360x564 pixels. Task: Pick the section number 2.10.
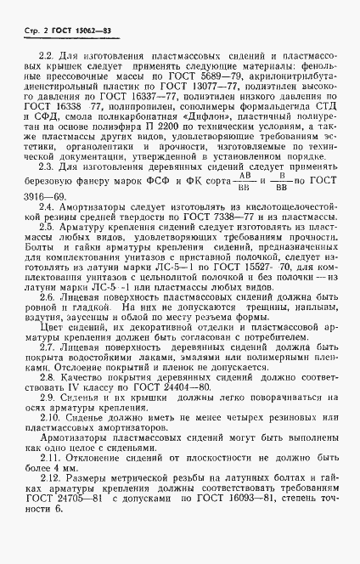pyautogui.click(x=53, y=417)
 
